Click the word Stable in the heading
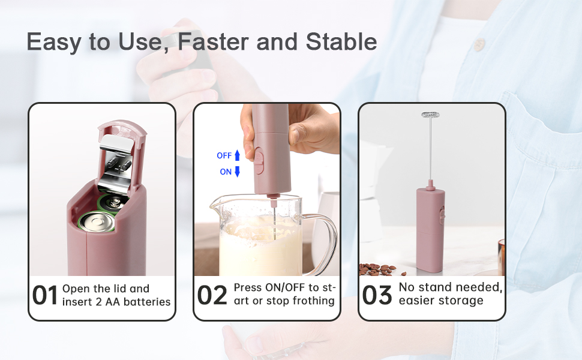coord(341,41)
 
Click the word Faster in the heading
coord(214,41)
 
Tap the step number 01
coord(45,295)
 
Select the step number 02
coord(212,295)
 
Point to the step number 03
coord(377,295)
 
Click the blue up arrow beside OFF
coord(237,155)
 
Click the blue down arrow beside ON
coord(237,172)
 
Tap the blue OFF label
coord(224,155)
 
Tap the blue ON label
coord(226,172)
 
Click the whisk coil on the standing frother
coord(431,115)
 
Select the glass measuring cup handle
coord(323,244)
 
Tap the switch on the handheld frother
coord(259,160)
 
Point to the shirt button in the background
coord(479,44)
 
